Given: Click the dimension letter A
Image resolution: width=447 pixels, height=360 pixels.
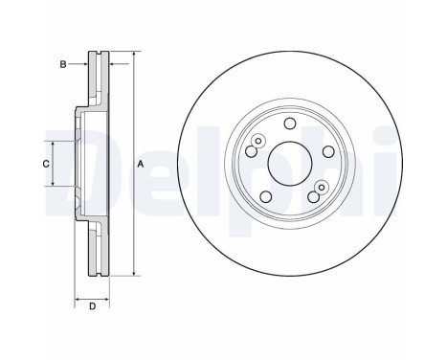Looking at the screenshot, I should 141,166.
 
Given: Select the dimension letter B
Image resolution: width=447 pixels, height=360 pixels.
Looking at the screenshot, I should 63,64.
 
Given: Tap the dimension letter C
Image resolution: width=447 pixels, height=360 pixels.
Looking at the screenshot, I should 44,165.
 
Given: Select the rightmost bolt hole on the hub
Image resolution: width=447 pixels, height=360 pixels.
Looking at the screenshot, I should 326,152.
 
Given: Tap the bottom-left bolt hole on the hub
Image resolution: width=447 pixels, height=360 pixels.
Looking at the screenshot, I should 265,195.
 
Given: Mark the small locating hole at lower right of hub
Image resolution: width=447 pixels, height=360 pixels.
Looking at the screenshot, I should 322,185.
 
